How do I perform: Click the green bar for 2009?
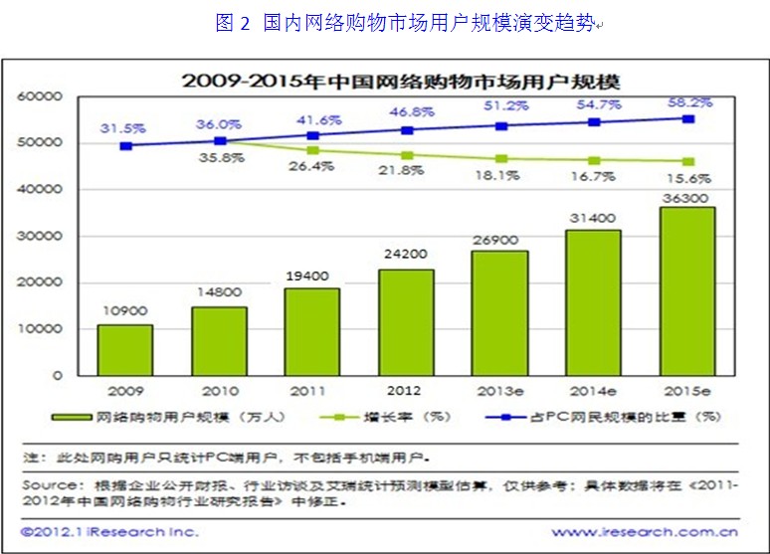[x=125, y=349]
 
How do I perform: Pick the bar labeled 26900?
[x=500, y=312]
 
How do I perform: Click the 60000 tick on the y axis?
[x=41, y=97]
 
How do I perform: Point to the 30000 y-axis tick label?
[x=41, y=237]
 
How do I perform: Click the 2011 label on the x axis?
[x=313, y=390]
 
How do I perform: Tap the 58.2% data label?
[x=688, y=103]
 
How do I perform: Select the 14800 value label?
[x=219, y=292]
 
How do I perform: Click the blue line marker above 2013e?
[x=501, y=126]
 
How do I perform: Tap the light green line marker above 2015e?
[x=687, y=161]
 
